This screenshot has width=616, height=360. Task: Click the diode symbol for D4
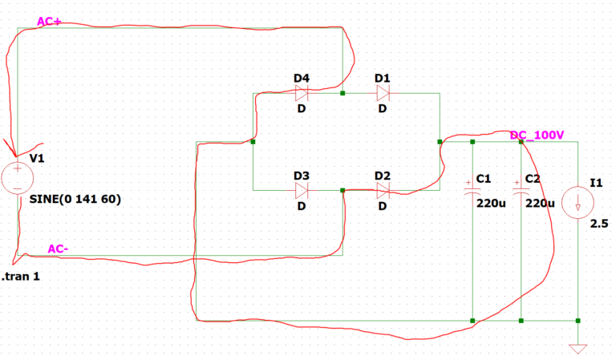302,93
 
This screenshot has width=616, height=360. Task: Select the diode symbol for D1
383,93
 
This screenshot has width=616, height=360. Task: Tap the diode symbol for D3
302,190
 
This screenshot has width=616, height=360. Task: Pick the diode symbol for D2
383,190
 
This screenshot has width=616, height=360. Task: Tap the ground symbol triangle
577,349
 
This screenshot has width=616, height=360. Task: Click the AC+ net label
50,22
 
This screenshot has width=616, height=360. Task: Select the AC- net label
58,249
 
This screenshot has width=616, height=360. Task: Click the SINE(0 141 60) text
75,200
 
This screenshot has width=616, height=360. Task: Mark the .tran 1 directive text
23,277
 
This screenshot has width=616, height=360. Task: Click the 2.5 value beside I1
599,224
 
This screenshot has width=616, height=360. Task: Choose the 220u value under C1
491,203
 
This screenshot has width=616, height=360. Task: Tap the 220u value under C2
540,203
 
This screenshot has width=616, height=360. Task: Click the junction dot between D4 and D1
342,93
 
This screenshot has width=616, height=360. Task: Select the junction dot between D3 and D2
342,190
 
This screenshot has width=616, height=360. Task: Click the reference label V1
37,158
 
